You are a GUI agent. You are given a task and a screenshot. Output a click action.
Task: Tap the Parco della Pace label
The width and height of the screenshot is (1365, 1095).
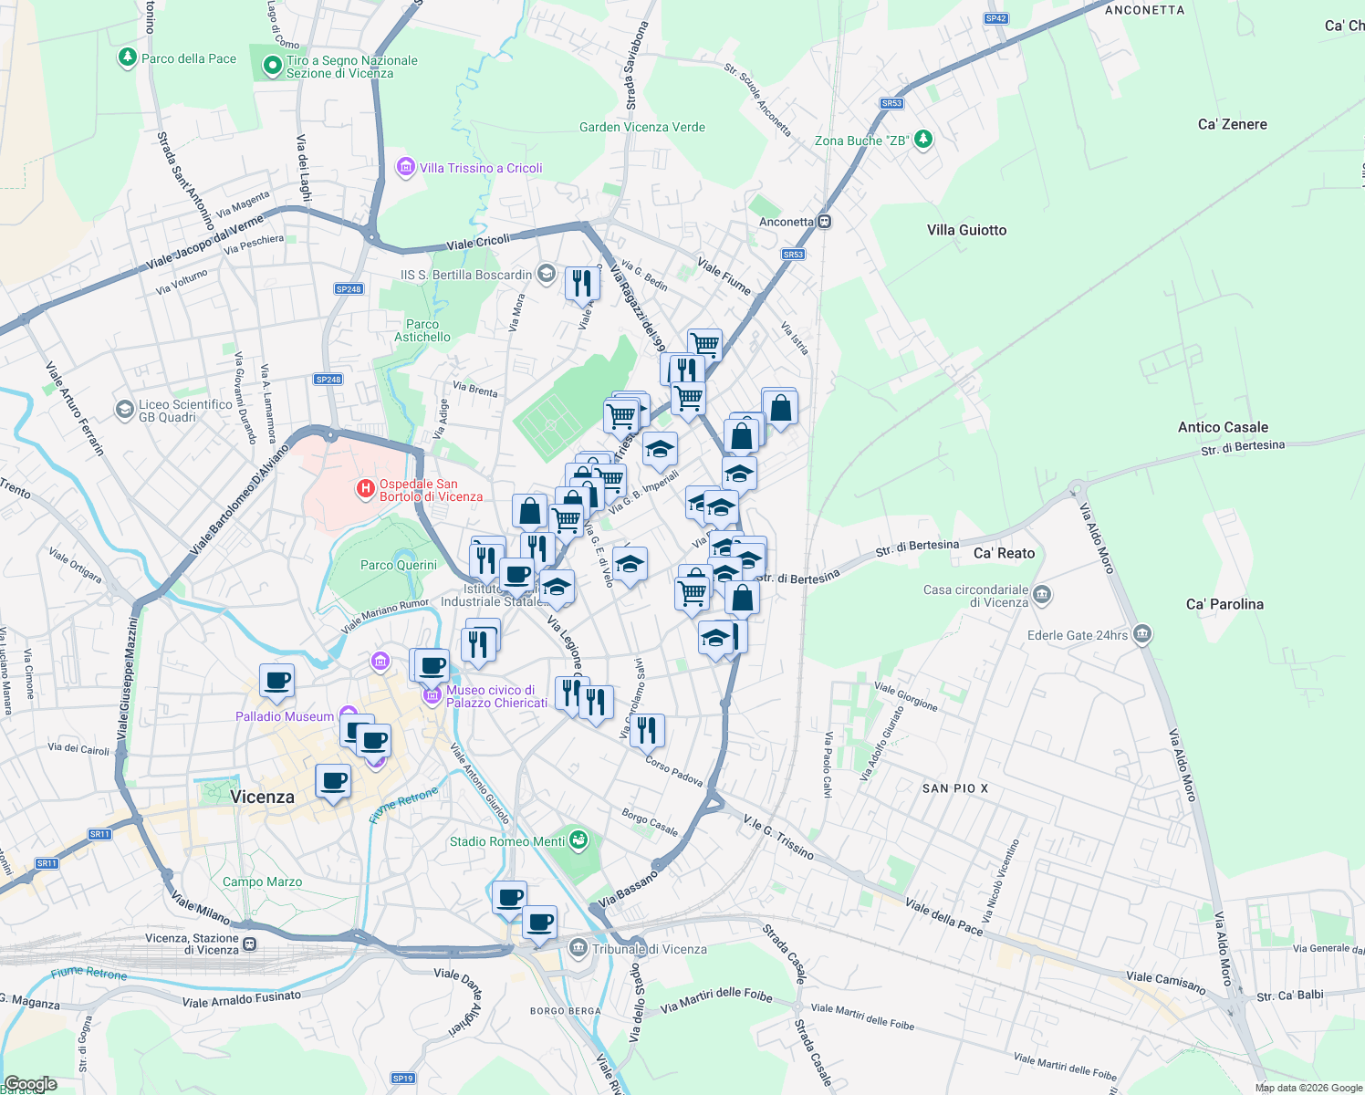pos(188,58)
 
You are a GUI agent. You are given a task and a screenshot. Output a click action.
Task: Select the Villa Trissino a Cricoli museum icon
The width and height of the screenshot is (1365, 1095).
pos(406,168)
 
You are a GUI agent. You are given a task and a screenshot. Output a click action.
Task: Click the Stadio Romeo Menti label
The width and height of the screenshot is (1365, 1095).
pos(506,841)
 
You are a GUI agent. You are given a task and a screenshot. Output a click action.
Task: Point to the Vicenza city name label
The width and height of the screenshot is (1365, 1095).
pos(262,797)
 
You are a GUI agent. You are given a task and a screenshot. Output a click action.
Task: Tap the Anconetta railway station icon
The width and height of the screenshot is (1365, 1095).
pos(824,222)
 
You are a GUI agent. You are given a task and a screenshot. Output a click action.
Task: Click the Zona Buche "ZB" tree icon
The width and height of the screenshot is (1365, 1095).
pos(924,140)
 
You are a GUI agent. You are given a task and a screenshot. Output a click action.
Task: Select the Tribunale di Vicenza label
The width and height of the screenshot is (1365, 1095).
pos(649,949)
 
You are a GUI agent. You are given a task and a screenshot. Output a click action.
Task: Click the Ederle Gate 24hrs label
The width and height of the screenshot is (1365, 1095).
pos(1078,635)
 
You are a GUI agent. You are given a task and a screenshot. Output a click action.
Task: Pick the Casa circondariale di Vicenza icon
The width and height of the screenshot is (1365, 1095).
pos(1042,596)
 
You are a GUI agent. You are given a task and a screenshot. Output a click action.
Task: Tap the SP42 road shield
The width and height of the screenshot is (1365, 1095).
pos(995,18)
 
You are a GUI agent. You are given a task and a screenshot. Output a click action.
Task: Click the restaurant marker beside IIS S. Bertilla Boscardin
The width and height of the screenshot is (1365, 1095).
pos(582,285)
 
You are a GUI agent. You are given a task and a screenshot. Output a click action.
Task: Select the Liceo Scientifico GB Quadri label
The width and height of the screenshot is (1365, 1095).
pos(185,411)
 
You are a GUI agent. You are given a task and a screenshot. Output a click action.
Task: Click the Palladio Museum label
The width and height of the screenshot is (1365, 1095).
pos(285,716)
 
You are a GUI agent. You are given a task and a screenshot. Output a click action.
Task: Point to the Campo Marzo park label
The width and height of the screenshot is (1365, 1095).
pos(262,881)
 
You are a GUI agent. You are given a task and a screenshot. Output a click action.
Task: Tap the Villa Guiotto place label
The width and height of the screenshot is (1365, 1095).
pos(966,230)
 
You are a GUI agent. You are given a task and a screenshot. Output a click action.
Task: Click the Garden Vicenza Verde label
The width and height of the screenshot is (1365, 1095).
pos(641,127)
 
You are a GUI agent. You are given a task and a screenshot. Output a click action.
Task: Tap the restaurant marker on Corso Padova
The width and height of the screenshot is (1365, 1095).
pos(647,731)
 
